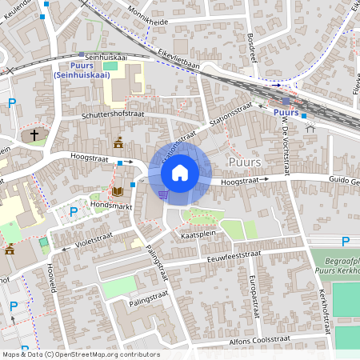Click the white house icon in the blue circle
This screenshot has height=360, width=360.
click(180, 172)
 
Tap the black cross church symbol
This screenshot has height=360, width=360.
click(34, 134)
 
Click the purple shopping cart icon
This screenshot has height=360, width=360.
click(163, 194)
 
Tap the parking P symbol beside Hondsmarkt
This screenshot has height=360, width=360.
click(74, 212)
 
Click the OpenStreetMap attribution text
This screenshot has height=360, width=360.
click(80, 354)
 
